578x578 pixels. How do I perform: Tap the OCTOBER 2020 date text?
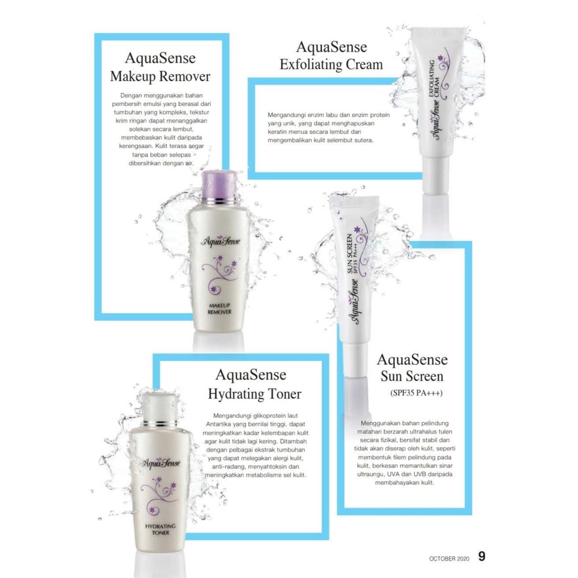[x=449, y=559]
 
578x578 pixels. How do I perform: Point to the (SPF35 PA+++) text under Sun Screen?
[x=417, y=393]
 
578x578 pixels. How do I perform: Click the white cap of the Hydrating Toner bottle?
[x=159, y=405]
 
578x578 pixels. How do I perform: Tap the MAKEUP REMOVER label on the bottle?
[x=219, y=308]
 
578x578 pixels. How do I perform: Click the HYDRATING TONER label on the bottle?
[x=160, y=529]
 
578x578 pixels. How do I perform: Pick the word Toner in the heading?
[x=284, y=394]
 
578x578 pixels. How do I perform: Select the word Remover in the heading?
[x=185, y=77]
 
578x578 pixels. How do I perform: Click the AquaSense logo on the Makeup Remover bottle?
[x=220, y=241]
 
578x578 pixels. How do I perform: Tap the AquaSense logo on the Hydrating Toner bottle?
[x=161, y=463]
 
